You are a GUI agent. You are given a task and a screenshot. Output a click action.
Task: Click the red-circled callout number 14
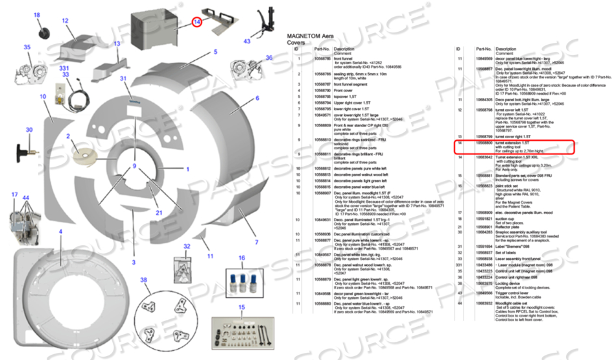(x=198, y=22)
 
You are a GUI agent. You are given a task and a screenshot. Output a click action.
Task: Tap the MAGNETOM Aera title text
(x=310, y=36)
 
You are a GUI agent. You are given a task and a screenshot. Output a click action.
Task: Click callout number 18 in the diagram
(x=36, y=15)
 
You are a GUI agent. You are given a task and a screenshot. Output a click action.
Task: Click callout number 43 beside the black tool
(x=247, y=42)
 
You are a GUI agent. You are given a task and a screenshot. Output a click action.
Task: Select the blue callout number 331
(x=64, y=68)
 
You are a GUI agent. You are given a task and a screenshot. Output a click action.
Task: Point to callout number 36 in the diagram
(x=269, y=58)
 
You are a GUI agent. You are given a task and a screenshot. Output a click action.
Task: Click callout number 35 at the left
(x=27, y=47)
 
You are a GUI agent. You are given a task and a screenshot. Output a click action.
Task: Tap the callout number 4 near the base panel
(x=60, y=232)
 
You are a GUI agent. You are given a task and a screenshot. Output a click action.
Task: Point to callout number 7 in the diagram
(x=256, y=242)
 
